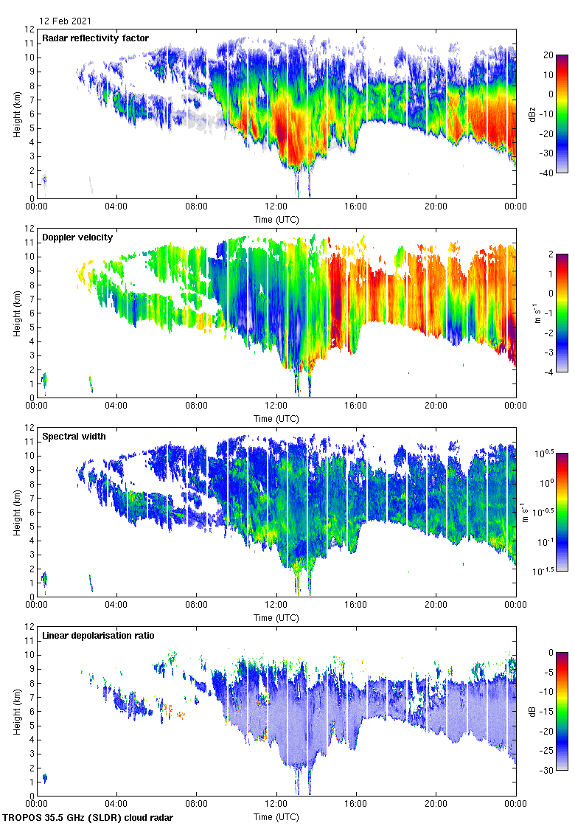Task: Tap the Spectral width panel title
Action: pyautogui.click(x=74, y=437)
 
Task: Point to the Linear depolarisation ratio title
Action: pyautogui.click(x=98, y=636)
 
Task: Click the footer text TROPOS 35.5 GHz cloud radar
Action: pyautogui.click(x=88, y=817)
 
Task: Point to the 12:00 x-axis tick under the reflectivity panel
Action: pyautogui.click(x=276, y=207)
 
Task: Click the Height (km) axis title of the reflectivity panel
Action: pyautogui.click(x=16, y=114)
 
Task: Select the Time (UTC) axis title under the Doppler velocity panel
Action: pyautogui.click(x=276, y=418)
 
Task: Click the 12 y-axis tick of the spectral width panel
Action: pyautogui.click(x=30, y=427)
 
